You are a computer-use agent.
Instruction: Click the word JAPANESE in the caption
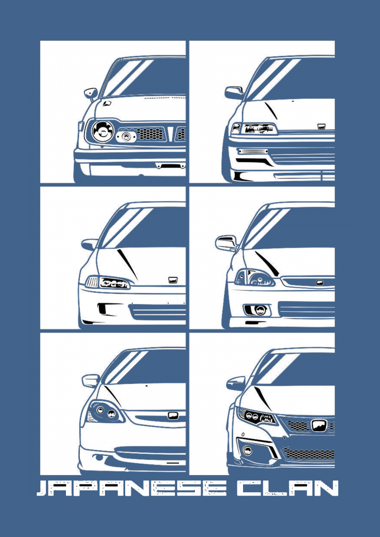(x=131, y=488)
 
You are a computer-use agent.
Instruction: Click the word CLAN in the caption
(x=288, y=488)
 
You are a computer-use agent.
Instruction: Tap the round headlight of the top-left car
(x=102, y=131)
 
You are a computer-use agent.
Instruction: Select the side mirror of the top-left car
(x=91, y=93)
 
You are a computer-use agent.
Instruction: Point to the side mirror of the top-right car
(x=234, y=92)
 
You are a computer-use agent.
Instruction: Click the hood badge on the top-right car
(x=321, y=126)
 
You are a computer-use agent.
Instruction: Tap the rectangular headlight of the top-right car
(x=259, y=129)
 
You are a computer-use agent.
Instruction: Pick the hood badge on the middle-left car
(x=172, y=280)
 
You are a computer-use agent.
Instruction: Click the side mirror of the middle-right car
(x=226, y=243)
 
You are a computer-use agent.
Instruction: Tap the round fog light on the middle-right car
(x=260, y=310)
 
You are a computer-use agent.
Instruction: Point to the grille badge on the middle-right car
(x=320, y=283)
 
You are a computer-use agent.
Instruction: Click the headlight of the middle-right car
(x=255, y=277)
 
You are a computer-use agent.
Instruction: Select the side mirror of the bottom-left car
(x=91, y=380)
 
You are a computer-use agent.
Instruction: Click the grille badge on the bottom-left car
(x=173, y=415)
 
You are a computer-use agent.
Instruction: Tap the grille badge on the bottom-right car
(x=319, y=425)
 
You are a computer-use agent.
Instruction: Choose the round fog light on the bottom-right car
(x=246, y=450)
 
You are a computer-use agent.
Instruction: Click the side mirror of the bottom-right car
(x=236, y=383)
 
